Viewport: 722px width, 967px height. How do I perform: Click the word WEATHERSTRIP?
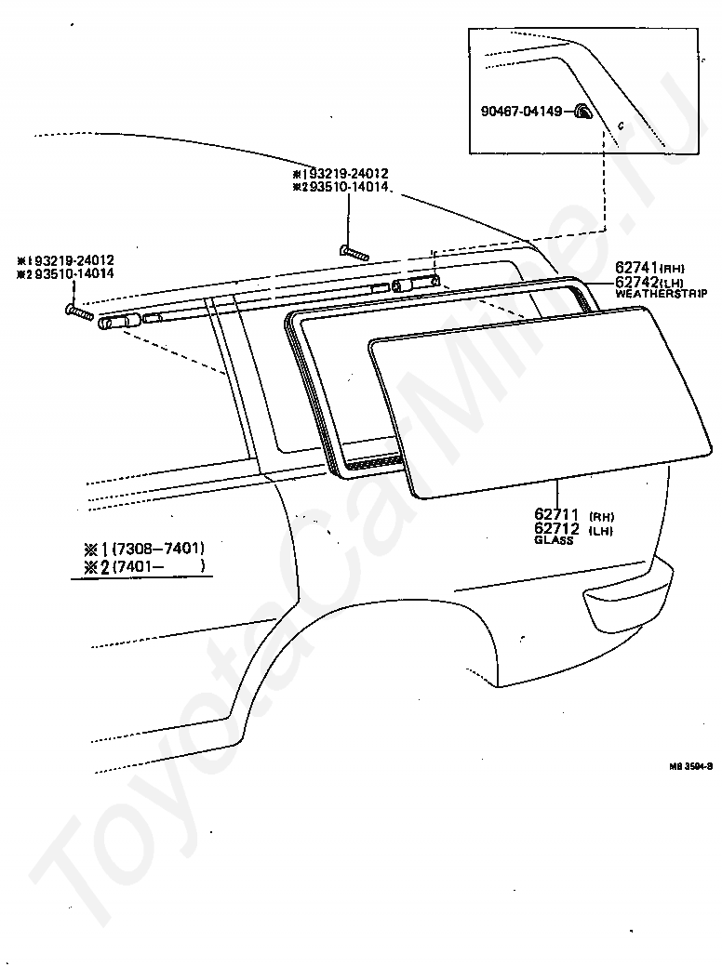(x=660, y=294)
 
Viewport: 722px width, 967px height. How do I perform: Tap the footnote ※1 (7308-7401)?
(x=144, y=548)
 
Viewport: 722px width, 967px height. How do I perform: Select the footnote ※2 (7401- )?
(x=144, y=566)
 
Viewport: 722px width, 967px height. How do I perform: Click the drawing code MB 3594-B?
(x=690, y=767)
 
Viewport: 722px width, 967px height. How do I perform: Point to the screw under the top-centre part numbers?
(x=354, y=251)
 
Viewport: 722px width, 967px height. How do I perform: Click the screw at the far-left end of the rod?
(x=78, y=312)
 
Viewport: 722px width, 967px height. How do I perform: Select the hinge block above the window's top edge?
(x=415, y=283)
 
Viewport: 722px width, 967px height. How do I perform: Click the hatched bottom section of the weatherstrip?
(x=370, y=460)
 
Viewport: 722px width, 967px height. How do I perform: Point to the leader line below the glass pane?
(x=556, y=492)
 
